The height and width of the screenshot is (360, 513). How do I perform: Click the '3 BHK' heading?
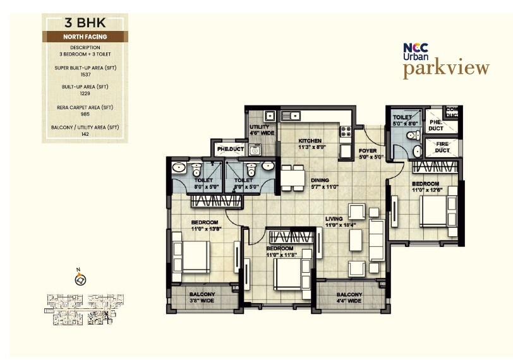pyautogui.click(x=85, y=24)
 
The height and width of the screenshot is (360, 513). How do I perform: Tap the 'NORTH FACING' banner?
pyautogui.click(x=85, y=37)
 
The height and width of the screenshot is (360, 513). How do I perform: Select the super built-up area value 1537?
pyautogui.click(x=85, y=74)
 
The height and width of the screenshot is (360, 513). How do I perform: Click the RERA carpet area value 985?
pyautogui.click(x=85, y=114)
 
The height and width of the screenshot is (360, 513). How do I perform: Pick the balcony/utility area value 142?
pyautogui.click(x=85, y=134)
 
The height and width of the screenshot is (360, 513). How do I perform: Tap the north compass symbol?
pyautogui.click(x=80, y=279)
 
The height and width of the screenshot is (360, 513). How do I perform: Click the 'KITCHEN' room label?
pyautogui.click(x=310, y=141)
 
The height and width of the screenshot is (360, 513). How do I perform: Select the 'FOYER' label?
pyautogui.click(x=368, y=151)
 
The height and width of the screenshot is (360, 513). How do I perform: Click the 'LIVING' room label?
pyautogui.click(x=335, y=219)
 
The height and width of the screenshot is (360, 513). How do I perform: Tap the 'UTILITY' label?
pyautogui.click(x=259, y=127)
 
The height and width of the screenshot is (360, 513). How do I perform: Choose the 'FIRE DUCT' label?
pyautogui.click(x=442, y=147)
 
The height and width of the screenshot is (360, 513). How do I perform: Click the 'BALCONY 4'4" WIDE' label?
pyautogui.click(x=349, y=297)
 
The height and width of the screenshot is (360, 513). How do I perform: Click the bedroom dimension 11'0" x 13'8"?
pyautogui.click(x=205, y=229)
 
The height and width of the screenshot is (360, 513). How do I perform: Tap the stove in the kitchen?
pyautogui.click(x=346, y=132)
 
